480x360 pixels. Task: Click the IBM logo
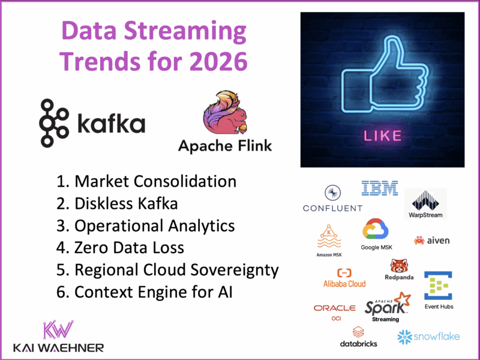click(379, 188)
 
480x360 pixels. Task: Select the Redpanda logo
click(398, 269)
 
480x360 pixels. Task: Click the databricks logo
click(358, 337)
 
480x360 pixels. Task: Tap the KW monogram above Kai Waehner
click(58, 331)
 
